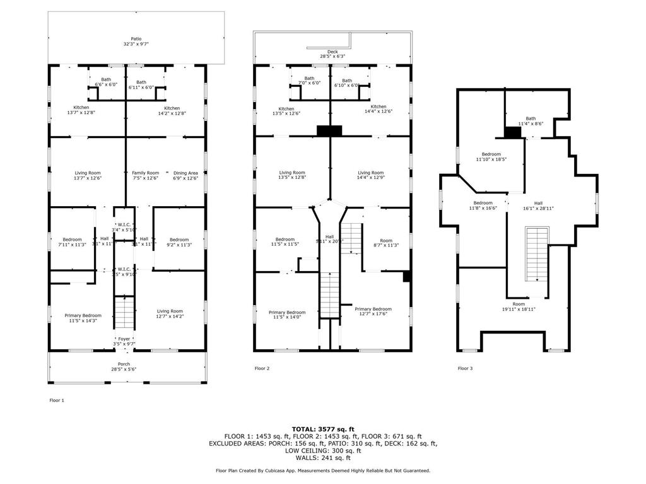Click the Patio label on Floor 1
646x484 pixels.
(x=136, y=42)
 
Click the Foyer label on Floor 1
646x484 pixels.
(x=124, y=341)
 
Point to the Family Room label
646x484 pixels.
(x=145, y=175)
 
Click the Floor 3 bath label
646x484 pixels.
(x=531, y=121)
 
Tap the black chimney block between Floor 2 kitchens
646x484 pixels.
(x=329, y=130)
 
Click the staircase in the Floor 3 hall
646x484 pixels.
(x=537, y=255)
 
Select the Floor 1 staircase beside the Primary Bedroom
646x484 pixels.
(x=124, y=311)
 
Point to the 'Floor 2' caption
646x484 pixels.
(x=263, y=368)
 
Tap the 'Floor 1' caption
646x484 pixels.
(x=57, y=400)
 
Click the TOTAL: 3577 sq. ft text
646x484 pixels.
(x=323, y=429)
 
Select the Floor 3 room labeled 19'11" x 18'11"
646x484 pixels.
(x=519, y=307)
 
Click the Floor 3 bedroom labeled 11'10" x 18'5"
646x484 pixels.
(x=491, y=157)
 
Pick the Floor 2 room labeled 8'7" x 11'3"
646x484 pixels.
(x=386, y=243)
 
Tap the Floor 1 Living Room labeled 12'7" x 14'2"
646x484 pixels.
(x=170, y=314)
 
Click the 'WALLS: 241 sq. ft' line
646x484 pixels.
(x=323, y=458)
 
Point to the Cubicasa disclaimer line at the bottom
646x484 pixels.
(x=323, y=470)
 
